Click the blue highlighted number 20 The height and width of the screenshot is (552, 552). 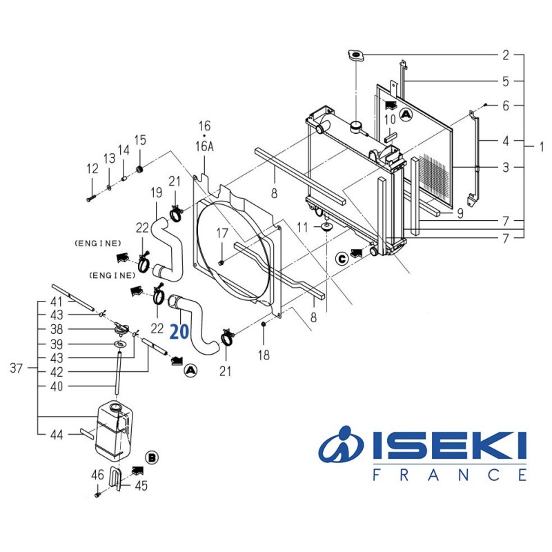coord(179,332)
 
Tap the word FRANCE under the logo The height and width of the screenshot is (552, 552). coord(450,475)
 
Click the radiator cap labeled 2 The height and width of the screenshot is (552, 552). coord(355,56)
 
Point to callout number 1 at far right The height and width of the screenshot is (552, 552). coord(542,146)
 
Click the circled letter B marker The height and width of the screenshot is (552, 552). coord(152,457)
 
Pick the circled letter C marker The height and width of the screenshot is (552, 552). coord(342,258)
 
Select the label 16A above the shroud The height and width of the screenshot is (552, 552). coord(204,146)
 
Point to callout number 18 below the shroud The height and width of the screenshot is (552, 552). coord(264,355)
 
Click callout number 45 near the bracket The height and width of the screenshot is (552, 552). coord(141,485)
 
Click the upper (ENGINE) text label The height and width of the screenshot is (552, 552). coord(97,244)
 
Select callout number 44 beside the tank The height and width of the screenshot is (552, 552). coord(57,434)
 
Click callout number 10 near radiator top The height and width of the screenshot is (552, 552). coord(390,119)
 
